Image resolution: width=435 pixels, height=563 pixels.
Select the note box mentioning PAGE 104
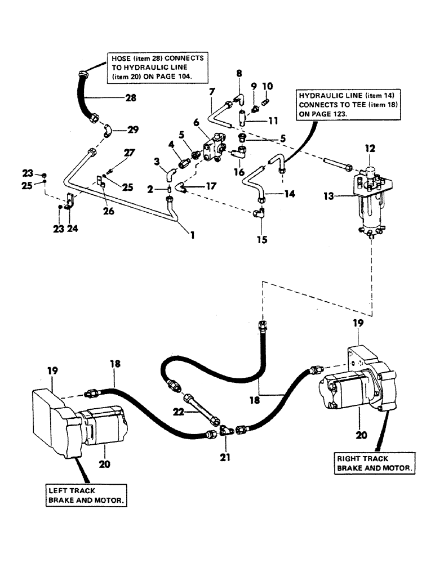coord(151,66)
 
